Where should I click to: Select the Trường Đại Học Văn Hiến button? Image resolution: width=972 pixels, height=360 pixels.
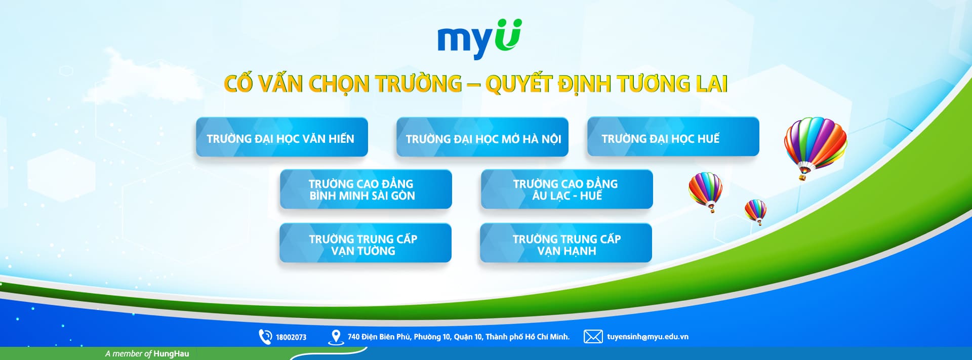point(282,137)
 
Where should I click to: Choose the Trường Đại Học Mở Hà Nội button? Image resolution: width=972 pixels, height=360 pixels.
point(482,137)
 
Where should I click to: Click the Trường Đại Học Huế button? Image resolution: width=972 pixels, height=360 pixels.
point(673,137)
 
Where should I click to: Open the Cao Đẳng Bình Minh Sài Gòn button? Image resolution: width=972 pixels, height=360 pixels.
point(366,189)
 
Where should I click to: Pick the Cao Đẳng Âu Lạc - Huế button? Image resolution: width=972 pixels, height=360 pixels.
point(567,189)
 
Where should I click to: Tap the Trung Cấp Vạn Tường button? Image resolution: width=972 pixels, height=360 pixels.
point(366,243)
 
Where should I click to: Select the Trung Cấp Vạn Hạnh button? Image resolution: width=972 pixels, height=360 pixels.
point(566,243)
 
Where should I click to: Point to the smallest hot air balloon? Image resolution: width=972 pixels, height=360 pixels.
point(755,211)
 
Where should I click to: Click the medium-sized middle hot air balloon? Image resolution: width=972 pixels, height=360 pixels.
point(706,190)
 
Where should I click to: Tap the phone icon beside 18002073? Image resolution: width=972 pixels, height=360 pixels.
point(265,337)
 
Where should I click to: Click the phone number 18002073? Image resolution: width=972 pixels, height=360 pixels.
point(291,337)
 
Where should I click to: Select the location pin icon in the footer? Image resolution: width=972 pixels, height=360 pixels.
point(336,337)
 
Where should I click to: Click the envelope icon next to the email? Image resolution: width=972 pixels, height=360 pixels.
point(593,337)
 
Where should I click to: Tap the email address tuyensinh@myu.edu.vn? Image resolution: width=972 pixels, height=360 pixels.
point(648,337)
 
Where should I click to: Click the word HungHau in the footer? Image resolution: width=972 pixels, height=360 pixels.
point(171,353)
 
